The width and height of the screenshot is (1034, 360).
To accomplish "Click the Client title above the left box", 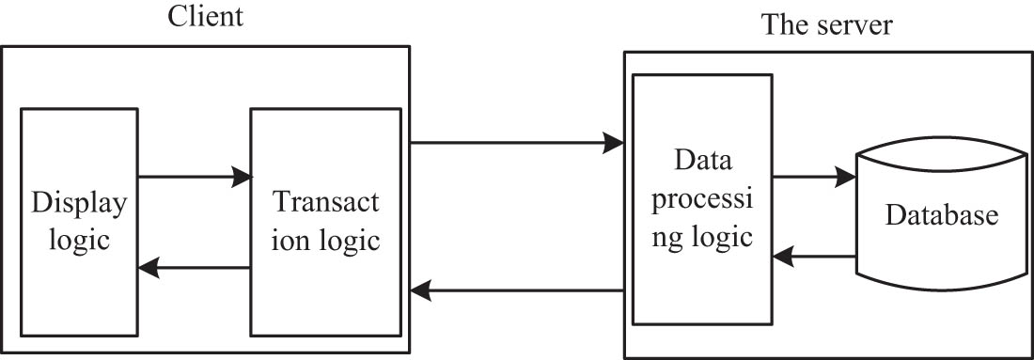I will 206,17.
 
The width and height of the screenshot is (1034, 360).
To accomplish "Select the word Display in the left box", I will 79,203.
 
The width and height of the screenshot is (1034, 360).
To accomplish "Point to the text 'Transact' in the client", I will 325,203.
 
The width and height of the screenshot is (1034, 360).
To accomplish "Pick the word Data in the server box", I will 700,161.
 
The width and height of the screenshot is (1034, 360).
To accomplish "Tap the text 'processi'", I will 702,198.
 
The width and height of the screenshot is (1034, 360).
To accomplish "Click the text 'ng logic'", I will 702,235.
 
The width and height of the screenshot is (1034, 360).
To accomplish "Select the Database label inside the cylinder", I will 940,216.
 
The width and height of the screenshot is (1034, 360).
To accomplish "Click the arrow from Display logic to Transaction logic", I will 195,176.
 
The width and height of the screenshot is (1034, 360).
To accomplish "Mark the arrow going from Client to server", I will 517,143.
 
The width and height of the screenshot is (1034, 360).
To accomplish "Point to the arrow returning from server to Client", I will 517,291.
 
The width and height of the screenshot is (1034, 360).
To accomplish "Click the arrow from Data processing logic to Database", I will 813,176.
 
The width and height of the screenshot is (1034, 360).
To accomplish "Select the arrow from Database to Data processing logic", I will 813,254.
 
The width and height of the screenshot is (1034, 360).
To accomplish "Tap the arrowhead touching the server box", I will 614,143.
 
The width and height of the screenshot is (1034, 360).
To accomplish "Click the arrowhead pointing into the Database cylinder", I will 846,176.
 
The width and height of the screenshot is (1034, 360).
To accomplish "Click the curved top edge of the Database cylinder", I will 940,144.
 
